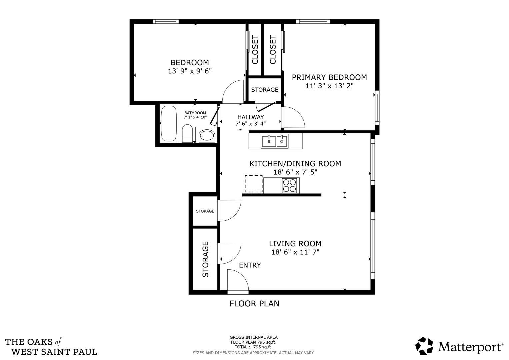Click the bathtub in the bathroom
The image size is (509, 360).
[169, 123]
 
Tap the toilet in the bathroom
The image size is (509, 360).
[187, 133]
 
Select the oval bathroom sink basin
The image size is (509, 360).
[207, 136]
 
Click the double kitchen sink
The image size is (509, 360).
[275, 141]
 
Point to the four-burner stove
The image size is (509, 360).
[289, 186]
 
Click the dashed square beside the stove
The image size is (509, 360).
[254, 184]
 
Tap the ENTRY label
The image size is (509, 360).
[250, 265]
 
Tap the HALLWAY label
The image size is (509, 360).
[251, 117]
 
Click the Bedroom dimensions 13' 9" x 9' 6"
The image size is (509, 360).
[190, 71]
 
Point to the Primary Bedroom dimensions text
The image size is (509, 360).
[329, 86]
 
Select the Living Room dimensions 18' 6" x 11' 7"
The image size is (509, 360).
[295, 252]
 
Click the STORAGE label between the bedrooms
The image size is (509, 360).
[265, 90]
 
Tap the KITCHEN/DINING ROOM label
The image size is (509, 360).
[295, 164]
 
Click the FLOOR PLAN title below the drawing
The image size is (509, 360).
[254, 304]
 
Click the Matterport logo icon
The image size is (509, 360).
[424, 346]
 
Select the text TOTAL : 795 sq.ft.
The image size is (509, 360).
[253, 347]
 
